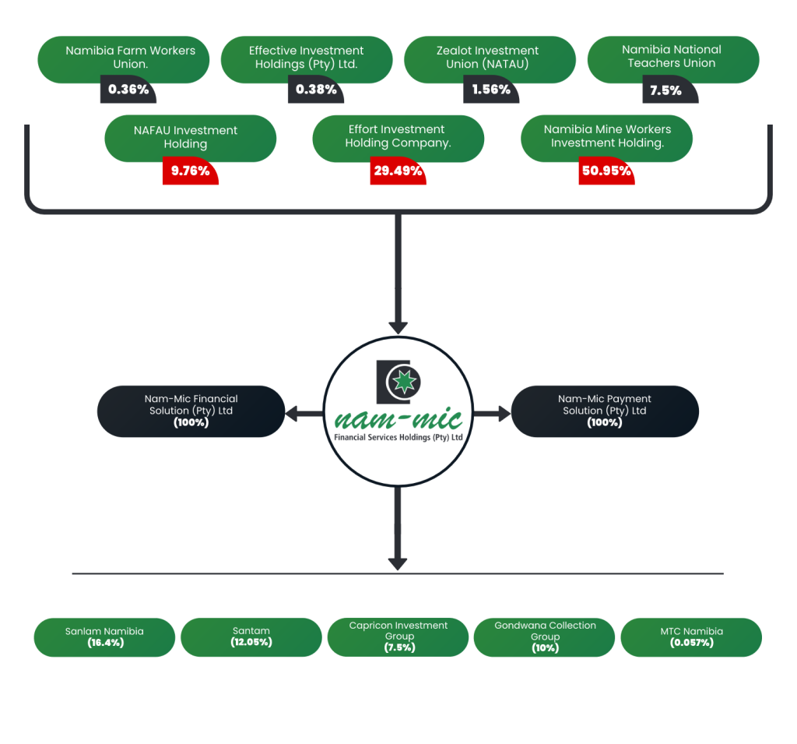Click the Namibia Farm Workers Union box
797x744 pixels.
[x=123, y=58]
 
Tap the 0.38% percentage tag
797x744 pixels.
[x=316, y=90]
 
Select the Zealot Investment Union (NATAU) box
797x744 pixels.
[x=490, y=58]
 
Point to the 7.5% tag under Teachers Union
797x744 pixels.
[x=666, y=90]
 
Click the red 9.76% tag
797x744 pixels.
[x=190, y=171]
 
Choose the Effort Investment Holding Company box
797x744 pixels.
[x=398, y=137]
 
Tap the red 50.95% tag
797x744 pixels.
[x=606, y=171]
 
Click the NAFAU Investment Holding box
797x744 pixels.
[x=190, y=137]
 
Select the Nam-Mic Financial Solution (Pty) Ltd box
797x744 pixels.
[x=191, y=411]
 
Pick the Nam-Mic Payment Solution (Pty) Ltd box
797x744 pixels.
[x=605, y=411]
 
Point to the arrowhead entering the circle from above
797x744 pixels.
[x=398, y=324]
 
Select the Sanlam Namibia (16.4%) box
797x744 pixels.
[x=104, y=637]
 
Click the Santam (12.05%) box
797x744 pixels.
[x=251, y=637]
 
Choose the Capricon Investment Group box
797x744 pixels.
[x=398, y=637]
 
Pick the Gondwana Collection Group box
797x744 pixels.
[x=544, y=637]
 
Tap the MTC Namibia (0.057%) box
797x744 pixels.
[x=690, y=637]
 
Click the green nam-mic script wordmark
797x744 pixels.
[x=398, y=418]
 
